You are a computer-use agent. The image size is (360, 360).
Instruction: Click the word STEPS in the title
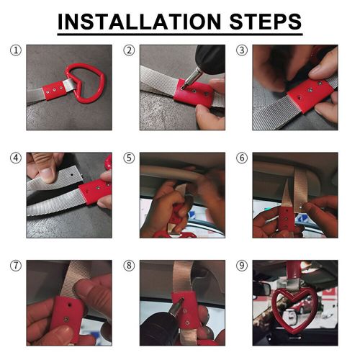(266, 22)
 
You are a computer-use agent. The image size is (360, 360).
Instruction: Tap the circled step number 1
(16, 50)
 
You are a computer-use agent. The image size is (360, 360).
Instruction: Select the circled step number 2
(129, 50)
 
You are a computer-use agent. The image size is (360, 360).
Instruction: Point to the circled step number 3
(242, 50)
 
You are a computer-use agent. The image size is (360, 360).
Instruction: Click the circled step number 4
(16, 158)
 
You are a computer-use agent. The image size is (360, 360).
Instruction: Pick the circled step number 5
(129, 158)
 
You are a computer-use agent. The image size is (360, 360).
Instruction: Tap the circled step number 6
(242, 158)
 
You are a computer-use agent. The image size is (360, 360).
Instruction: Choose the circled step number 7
(16, 266)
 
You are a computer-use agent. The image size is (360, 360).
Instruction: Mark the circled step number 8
(129, 266)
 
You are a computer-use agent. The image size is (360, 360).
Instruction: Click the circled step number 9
(242, 266)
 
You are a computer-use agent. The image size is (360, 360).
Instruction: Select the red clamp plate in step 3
(310, 95)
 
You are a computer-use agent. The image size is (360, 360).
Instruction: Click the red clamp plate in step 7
(66, 318)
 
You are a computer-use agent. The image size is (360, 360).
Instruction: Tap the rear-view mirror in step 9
(262, 289)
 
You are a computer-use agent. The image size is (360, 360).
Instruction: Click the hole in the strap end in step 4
(73, 175)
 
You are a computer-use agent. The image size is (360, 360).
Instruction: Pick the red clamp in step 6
(287, 219)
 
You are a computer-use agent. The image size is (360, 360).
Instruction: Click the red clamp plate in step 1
(54, 90)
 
